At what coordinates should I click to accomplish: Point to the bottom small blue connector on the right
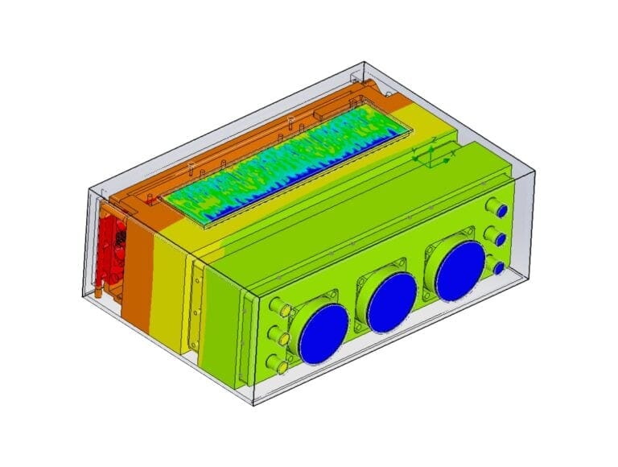tap(499, 267)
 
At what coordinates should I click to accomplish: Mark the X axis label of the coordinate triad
tap(454, 153)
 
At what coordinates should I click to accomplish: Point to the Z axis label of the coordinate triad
tap(434, 140)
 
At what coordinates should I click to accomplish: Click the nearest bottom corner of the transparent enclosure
tap(253, 403)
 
